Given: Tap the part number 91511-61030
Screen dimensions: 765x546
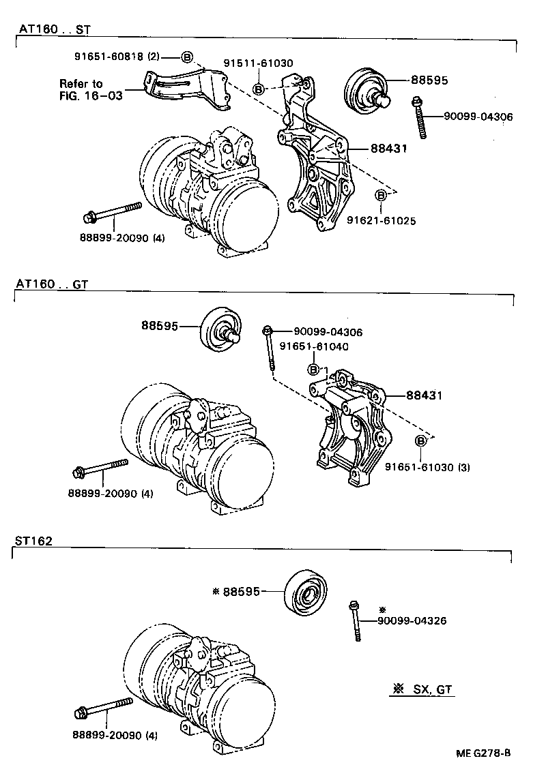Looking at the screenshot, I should [x=258, y=63].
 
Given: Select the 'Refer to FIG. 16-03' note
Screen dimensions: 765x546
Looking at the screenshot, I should [x=91, y=89].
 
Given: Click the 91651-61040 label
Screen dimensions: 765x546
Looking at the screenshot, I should [x=315, y=346].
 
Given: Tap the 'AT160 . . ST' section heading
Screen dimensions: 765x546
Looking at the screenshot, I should [x=53, y=30].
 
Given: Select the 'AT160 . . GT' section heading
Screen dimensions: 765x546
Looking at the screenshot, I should [x=51, y=284].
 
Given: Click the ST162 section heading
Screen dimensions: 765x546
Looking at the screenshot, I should [x=33, y=540].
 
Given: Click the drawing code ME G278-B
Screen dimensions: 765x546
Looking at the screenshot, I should [x=484, y=753].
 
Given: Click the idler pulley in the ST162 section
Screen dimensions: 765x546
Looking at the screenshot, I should [x=306, y=593].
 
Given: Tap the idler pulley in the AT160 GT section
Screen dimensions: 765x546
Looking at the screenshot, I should [x=218, y=330].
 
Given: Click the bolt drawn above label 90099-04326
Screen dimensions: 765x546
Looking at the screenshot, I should [x=355, y=620].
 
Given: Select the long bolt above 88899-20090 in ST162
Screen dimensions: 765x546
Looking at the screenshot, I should [x=103, y=708].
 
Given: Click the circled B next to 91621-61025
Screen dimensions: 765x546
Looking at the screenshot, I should [x=381, y=196].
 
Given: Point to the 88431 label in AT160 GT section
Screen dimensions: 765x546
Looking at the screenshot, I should [x=425, y=395].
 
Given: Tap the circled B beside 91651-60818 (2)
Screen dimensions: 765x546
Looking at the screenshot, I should [x=188, y=57].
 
